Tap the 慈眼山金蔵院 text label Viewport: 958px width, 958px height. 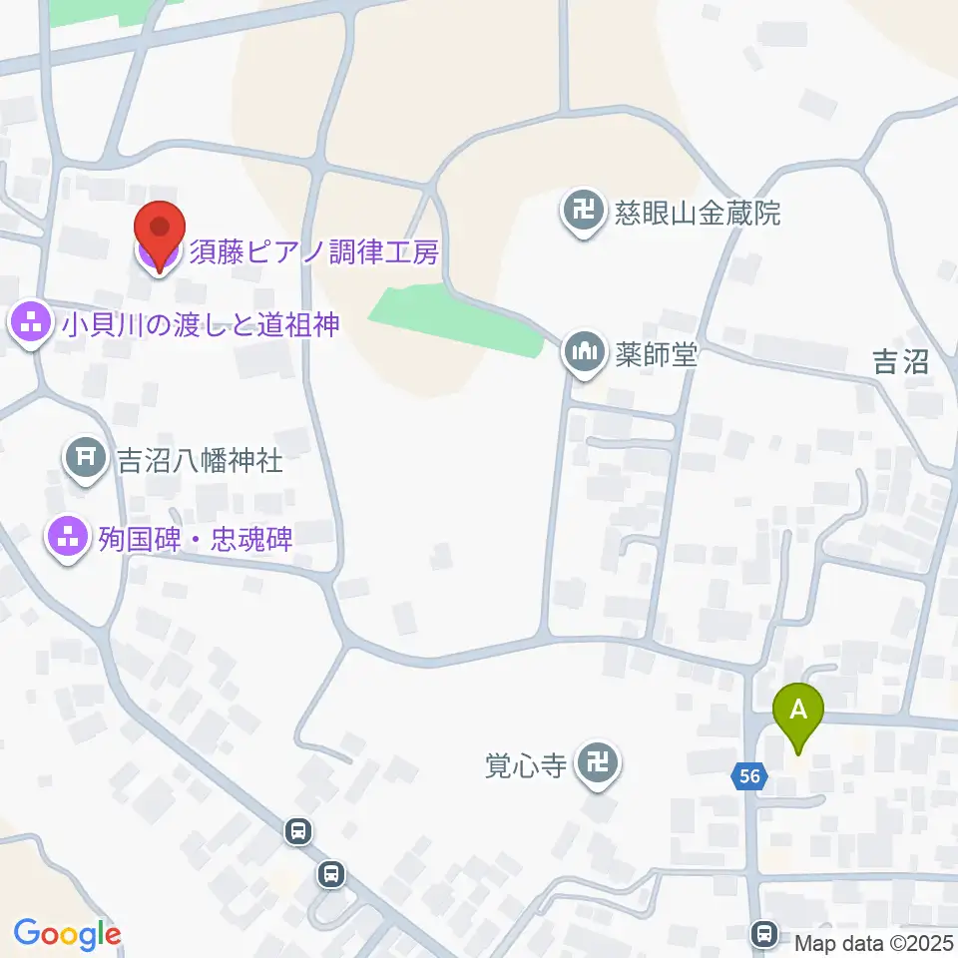(697, 214)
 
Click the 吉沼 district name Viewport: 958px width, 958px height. (900, 362)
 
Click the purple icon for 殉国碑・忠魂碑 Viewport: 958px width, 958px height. (67, 539)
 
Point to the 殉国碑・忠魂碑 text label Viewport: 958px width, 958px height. (196, 540)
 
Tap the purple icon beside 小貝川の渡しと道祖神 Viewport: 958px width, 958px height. (31, 323)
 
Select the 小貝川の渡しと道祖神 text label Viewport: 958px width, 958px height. (204, 324)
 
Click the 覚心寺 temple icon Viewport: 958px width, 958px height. (599, 765)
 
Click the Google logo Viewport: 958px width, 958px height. (67, 935)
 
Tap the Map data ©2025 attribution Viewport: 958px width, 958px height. (874, 943)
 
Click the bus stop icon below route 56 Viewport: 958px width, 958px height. (765, 933)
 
